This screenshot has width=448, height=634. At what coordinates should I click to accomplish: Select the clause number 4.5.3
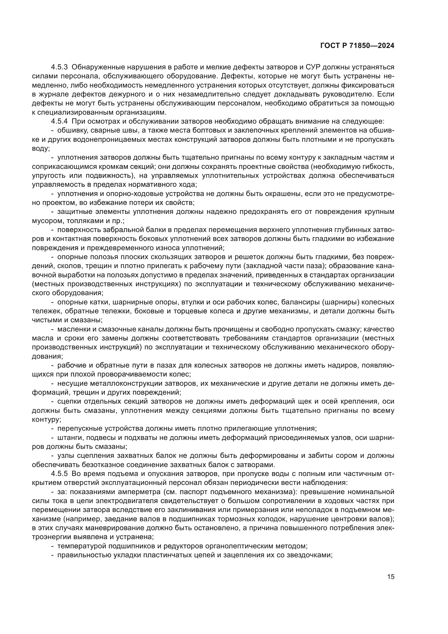coord(59,67)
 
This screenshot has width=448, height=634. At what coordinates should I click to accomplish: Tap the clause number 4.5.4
coord(59,121)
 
